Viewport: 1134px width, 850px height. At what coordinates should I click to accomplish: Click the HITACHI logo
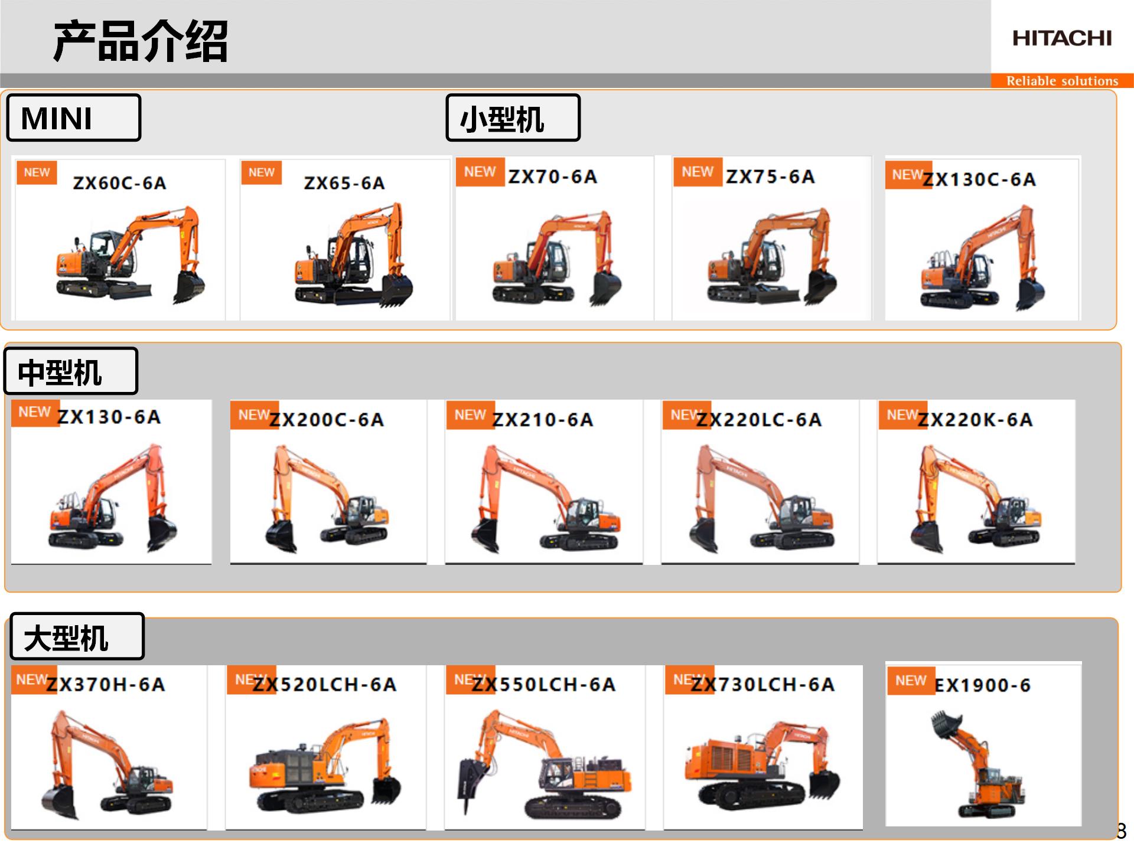click(x=1062, y=38)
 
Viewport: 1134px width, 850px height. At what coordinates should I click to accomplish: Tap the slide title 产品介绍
click(x=141, y=41)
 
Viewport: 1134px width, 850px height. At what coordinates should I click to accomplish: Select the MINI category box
click(x=74, y=117)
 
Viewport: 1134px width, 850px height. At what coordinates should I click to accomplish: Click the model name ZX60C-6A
click(x=120, y=183)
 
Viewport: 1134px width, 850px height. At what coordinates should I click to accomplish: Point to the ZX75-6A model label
click(x=770, y=176)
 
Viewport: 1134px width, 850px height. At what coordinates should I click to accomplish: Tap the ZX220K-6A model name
click(x=976, y=420)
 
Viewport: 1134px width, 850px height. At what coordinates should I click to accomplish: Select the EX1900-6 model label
click(x=983, y=685)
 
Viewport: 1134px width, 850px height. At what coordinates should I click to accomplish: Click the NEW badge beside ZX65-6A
click(x=262, y=172)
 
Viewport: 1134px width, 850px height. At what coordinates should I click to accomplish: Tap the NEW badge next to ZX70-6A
click(x=480, y=172)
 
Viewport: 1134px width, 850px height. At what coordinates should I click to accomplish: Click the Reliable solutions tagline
click(x=1062, y=81)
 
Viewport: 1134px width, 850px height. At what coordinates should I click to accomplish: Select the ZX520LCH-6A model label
click(x=324, y=685)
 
